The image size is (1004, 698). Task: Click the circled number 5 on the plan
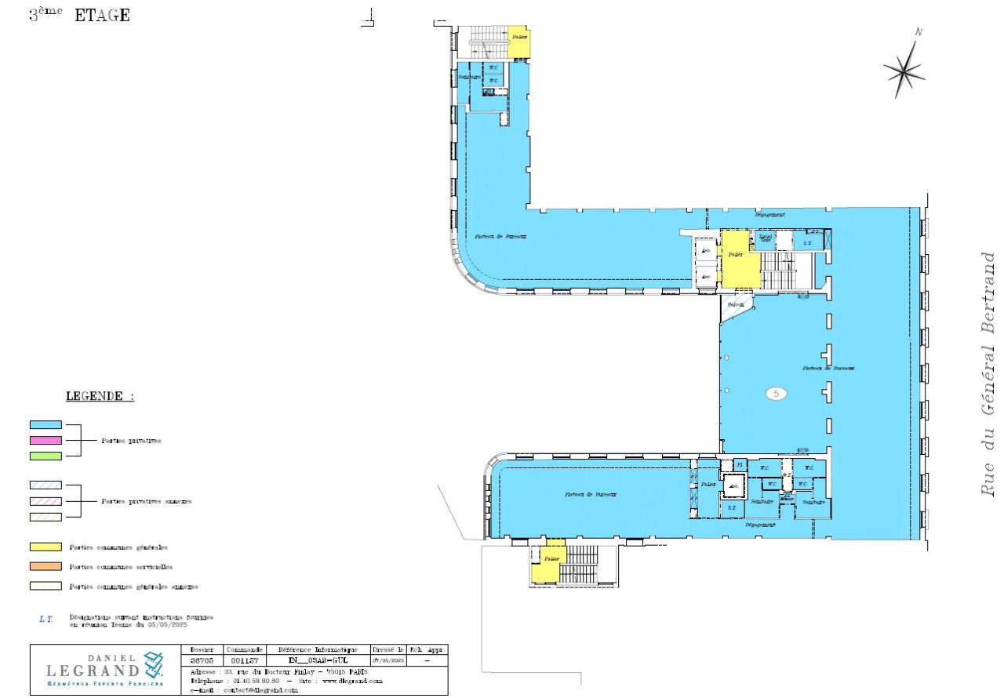tap(776, 394)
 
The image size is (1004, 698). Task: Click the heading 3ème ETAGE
tap(79, 15)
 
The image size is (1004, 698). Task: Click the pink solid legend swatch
tap(45, 440)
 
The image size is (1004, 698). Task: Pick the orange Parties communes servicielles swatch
tap(45, 566)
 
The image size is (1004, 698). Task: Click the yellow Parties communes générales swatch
tap(45, 547)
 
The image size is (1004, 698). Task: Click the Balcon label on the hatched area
tap(735, 304)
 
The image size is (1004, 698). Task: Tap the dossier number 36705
tap(202, 661)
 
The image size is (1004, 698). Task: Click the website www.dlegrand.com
tap(352, 682)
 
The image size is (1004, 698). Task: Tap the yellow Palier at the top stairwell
tap(518, 37)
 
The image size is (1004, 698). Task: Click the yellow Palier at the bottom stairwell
tap(552, 559)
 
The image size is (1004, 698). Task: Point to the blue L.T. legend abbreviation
tap(45, 620)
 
